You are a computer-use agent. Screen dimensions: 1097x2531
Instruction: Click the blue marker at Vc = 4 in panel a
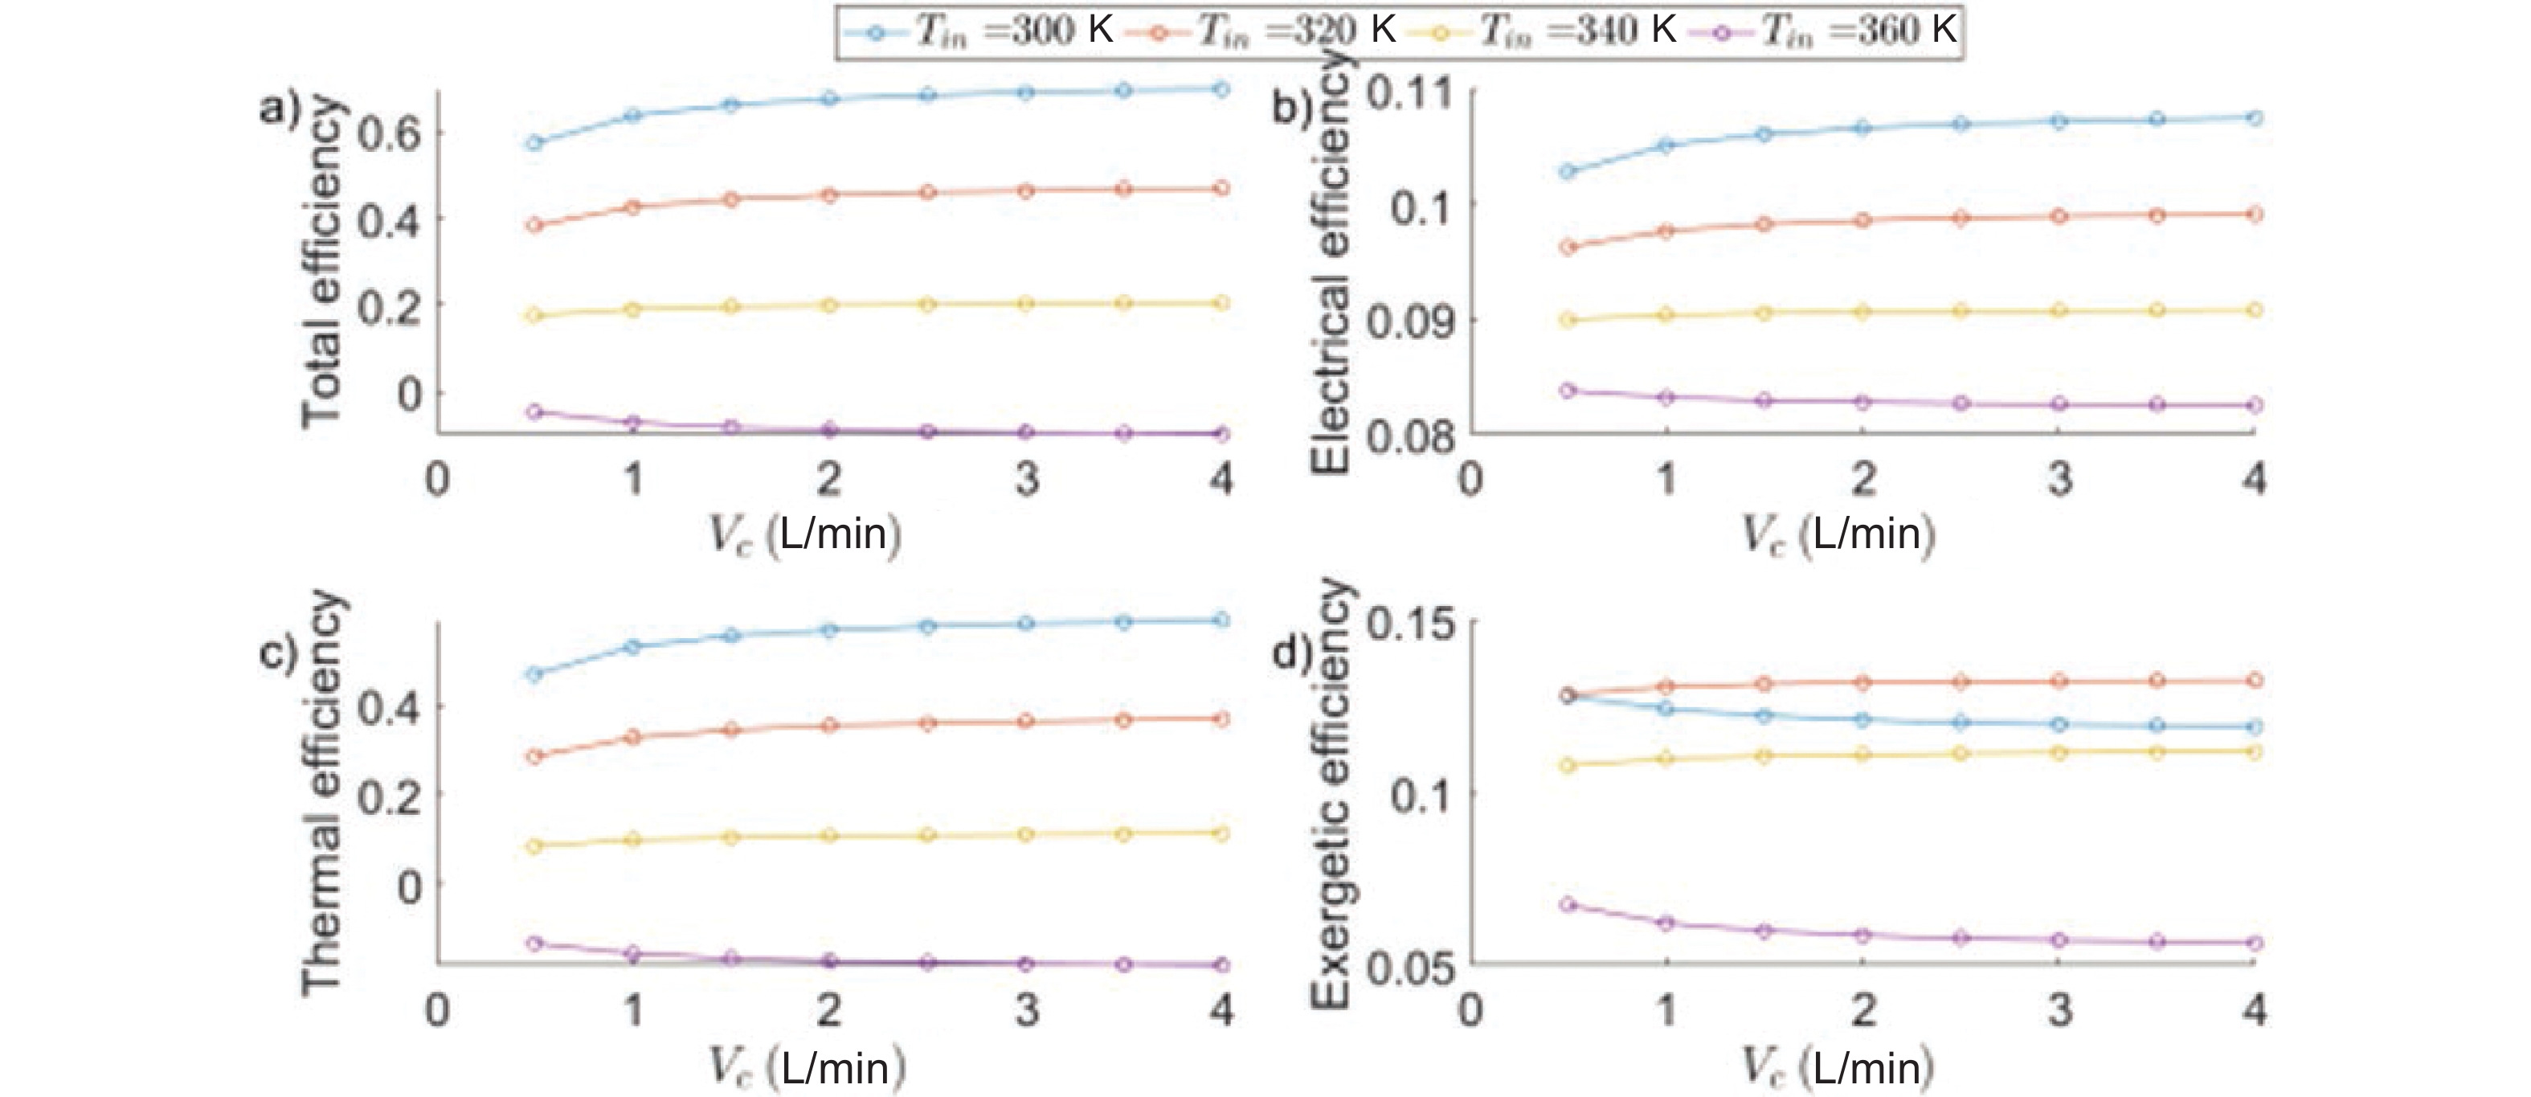[x=1221, y=89]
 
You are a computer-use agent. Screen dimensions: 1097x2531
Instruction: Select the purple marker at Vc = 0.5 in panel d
[x=1568, y=904]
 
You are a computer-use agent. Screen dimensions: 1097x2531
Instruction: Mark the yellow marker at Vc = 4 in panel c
[x=1221, y=833]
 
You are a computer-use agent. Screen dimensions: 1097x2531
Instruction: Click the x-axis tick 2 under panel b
[x=1862, y=480]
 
